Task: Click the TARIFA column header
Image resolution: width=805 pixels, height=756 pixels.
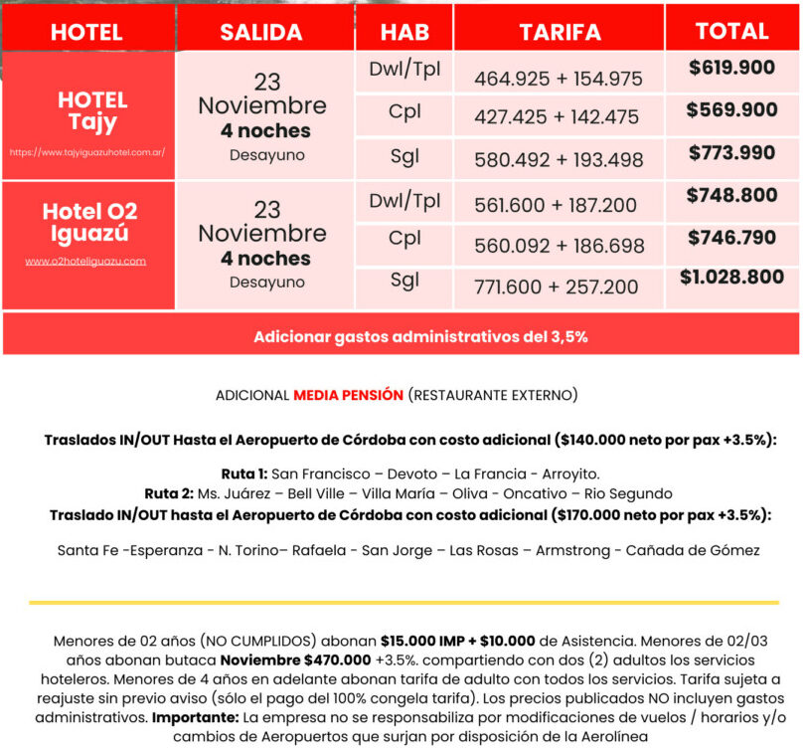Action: pos(560,32)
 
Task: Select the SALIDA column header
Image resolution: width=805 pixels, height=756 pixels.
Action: pos(261,32)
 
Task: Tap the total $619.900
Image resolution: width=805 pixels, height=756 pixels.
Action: pos(731,68)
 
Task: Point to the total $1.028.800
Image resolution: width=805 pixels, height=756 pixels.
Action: pos(731,277)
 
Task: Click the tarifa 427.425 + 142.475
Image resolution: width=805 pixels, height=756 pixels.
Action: pos(557,116)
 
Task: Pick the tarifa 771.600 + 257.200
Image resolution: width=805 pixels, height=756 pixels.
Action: pos(557,287)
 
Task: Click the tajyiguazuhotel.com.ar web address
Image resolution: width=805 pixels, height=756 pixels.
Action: pos(87,153)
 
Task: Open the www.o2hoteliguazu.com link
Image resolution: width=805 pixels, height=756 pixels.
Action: pos(85,262)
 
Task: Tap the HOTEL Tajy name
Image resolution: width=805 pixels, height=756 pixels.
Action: pos(92,111)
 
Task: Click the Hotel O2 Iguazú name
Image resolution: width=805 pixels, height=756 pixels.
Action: pos(89,223)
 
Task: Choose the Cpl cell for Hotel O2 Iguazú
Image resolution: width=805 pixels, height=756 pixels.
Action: pos(404,240)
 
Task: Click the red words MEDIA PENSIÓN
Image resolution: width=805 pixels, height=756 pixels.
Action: pos(348,395)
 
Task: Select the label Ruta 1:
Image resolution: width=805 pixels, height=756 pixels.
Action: pos(243,473)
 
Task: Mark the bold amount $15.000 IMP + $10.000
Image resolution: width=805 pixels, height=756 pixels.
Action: pos(458,642)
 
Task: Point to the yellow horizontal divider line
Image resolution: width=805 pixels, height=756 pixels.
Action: pos(402,603)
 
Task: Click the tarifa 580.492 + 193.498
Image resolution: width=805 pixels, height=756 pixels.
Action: pos(559,159)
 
